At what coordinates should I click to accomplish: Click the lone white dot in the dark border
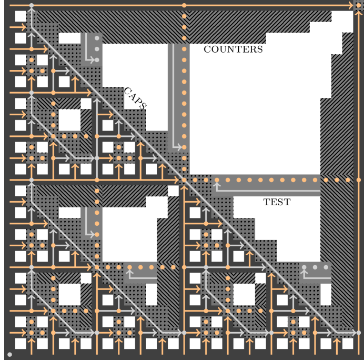9,354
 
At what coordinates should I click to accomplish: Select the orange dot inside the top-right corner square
359,5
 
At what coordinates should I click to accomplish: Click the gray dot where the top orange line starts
32,5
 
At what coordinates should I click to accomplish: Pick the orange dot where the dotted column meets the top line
184,5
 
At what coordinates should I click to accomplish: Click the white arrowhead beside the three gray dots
94,60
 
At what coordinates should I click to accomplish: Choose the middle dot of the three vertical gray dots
97,49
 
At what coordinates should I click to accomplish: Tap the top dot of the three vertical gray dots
97,38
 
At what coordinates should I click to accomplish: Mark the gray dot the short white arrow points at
97,60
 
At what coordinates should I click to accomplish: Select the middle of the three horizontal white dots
315,267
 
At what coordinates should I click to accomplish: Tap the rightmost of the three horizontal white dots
326,267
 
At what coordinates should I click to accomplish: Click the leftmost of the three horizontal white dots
304,267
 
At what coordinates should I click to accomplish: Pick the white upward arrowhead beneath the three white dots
304,273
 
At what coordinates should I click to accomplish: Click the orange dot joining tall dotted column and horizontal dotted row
184,180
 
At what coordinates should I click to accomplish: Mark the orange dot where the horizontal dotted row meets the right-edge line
359,180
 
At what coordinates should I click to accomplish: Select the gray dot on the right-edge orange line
359,333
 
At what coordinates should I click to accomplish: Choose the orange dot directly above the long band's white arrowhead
217,180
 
